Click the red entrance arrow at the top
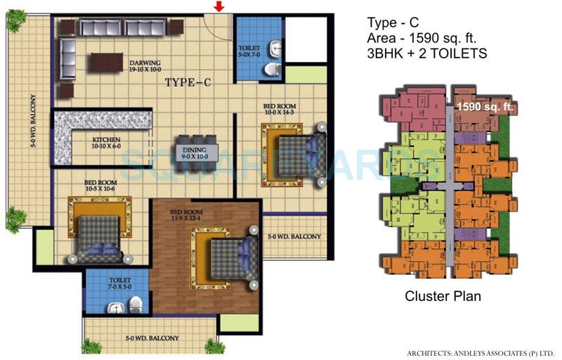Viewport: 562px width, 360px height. tap(219, 8)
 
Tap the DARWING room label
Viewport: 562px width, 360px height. tap(145, 65)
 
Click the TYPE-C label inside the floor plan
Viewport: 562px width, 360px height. tap(188, 83)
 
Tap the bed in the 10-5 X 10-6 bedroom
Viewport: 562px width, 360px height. tap(98, 233)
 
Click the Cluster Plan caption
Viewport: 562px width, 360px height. tap(443, 296)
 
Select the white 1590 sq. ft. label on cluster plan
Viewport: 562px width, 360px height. tap(487, 107)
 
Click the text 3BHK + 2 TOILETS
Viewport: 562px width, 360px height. tap(427, 53)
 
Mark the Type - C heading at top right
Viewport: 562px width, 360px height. tap(393, 22)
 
